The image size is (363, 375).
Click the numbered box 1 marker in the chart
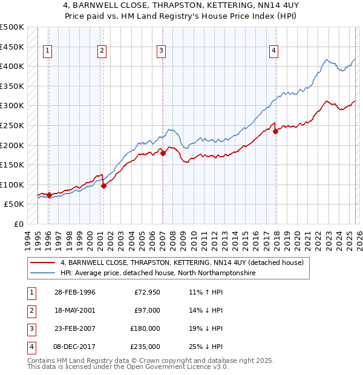point(48,51)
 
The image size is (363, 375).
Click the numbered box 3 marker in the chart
point(162,51)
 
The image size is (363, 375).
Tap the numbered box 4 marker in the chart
point(274,51)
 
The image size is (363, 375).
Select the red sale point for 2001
point(103,186)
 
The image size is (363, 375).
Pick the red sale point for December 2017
point(275,131)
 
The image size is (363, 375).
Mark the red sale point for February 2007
point(163,153)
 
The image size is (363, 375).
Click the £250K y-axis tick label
point(12,125)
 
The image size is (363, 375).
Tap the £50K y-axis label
point(14,204)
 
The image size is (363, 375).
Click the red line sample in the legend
point(44,263)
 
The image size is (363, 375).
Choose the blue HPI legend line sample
point(44,273)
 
